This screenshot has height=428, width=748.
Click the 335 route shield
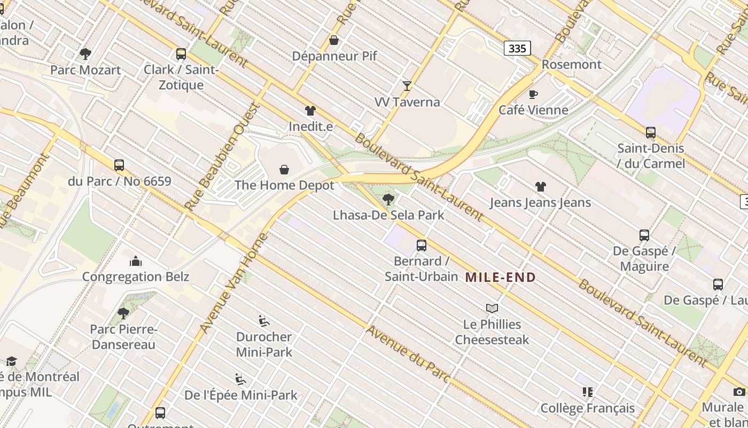tap(517, 49)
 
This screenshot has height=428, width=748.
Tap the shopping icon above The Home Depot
tap(284, 170)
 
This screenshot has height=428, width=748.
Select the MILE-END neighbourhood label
tap(500, 277)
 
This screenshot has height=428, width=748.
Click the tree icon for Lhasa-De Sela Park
tap(388, 200)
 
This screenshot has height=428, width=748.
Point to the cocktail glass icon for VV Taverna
tap(407, 86)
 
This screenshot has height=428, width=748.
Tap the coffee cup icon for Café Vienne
tap(533, 94)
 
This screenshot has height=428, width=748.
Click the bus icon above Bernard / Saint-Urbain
tap(421, 246)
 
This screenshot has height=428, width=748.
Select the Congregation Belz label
tap(136, 277)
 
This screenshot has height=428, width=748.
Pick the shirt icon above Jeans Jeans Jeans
tap(540, 187)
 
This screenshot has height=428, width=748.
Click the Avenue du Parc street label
tap(409, 354)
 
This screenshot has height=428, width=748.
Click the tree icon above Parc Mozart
tap(85, 54)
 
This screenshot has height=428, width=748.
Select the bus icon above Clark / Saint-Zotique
tap(181, 54)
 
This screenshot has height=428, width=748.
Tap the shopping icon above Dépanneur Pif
tap(334, 40)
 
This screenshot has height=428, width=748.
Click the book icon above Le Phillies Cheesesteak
tap(492, 308)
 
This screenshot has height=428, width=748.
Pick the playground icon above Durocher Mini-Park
tap(264, 321)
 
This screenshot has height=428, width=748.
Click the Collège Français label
tap(588, 408)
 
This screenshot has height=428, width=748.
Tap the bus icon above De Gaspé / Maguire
tap(644, 235)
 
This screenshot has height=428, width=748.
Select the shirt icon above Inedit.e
tap(310, 111)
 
